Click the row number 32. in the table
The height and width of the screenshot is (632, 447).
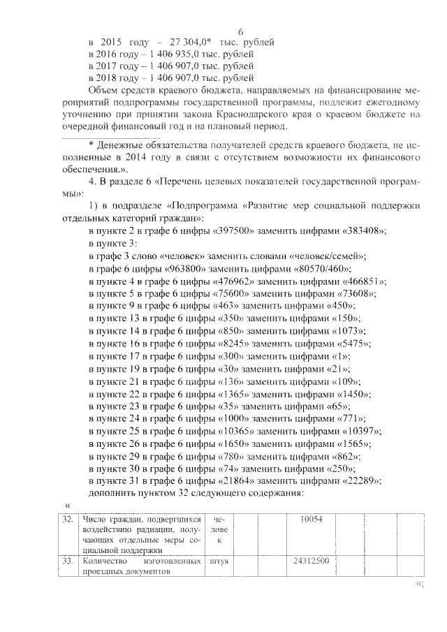coord(67,520)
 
